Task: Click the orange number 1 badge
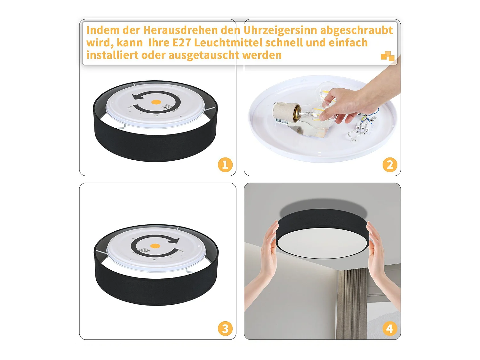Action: [225, 165]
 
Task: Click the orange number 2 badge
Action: [389, 165]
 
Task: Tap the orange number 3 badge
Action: [225, 329]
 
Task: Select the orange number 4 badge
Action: [389, 329]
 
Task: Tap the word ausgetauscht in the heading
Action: [204, 55]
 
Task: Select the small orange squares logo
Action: [387, 56]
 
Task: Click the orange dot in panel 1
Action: [156, 102]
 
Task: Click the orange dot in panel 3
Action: [155, 246]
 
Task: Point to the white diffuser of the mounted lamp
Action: [322, 243]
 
